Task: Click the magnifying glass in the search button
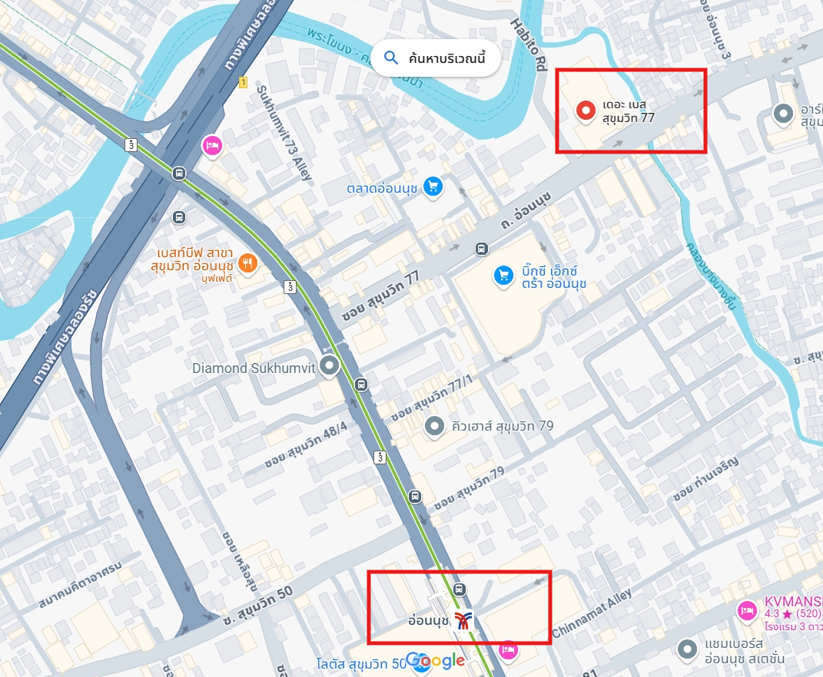(x=391, y=58)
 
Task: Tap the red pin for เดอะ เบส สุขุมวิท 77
(x=586, y=111)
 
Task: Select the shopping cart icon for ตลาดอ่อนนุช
(x=433, y=186)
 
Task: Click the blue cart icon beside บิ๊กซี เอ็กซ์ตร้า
(x=503, y=274)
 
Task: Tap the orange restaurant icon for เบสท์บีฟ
(x=247, y=263)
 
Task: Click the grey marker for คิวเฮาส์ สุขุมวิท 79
(x=435, y=425)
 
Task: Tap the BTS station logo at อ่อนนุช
(x=463, y=620)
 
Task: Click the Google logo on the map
(x=435, y=660)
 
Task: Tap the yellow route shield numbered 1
(x=243, y=82)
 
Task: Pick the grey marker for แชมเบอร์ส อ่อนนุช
(x=686, y=650)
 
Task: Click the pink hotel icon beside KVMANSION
(x=745, y=610)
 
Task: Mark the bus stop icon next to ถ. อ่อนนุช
(x=481, y=249)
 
